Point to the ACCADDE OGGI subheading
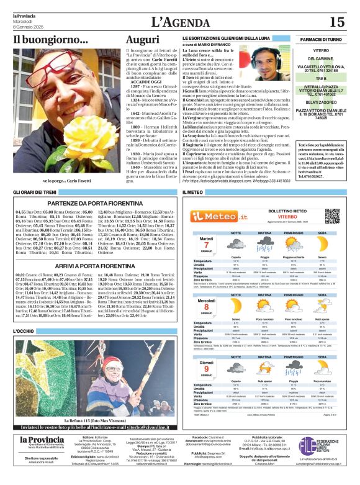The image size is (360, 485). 147,81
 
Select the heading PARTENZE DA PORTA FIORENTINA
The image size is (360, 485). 94,204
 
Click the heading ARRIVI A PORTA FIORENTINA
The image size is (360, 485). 94,266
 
